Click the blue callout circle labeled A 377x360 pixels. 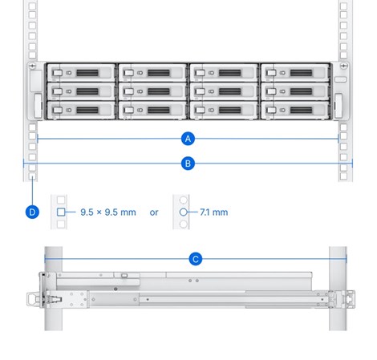coord(188,139)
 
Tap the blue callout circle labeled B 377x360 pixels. coord(188,163)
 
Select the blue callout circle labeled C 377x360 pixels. coord(195,259)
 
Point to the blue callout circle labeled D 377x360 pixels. coord(31,212)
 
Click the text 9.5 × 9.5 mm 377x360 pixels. coord(108,212)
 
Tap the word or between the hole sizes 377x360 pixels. coord(154,212)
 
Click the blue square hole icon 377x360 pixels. coord(61,212)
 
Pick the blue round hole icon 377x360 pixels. coord(183,212)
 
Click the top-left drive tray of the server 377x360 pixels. coord(81,73)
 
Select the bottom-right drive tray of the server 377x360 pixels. coord(296,108)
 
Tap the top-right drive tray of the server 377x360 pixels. coord(296,73)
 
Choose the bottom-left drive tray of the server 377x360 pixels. coord(81,108)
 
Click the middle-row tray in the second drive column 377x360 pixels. coord(152,91)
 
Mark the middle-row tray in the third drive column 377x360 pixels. coord(224,91)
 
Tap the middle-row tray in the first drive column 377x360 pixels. coord(81,91)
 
